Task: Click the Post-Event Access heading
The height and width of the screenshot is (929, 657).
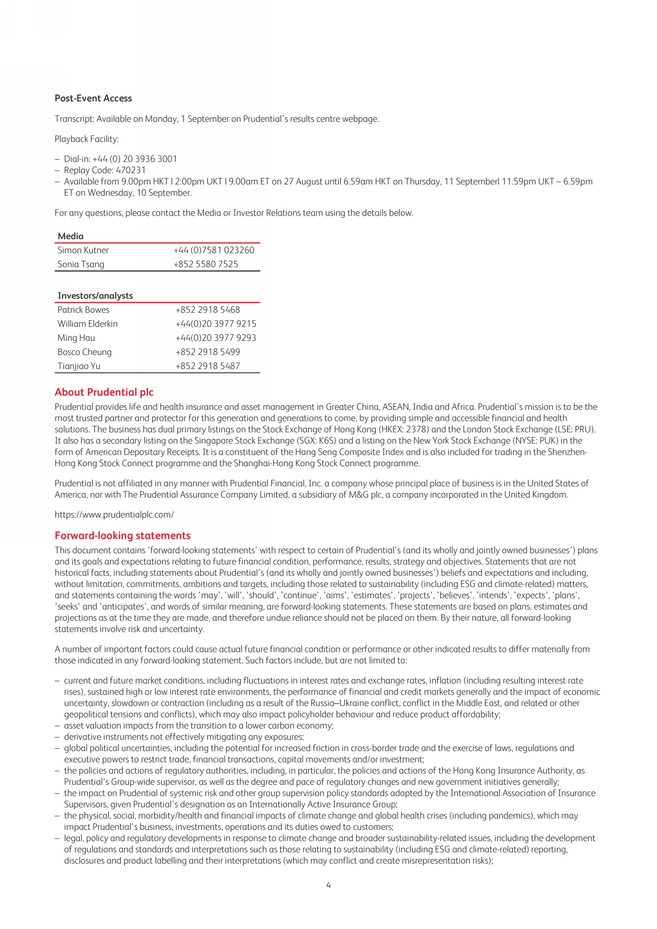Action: click(93, 99)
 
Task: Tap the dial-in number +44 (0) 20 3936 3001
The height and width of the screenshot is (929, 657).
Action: click(134, 159)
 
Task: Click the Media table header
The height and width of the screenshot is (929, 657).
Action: click(71, 236)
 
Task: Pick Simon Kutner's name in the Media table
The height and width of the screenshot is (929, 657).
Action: click(83, 250)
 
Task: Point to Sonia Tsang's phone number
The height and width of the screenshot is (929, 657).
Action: click(206, 264)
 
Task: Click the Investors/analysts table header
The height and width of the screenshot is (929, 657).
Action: click(95, 296)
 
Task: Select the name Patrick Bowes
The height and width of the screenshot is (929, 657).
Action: click(83, 310)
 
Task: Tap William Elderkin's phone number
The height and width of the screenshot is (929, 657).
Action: click(216, 324)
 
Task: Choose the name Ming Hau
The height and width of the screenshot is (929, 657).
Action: click(76, 338)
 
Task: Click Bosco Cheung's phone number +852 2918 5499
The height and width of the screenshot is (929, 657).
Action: click(208, 352)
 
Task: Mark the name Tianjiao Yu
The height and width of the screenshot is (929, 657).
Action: click(79, 366)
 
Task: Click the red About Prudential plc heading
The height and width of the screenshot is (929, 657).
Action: click(104, 392)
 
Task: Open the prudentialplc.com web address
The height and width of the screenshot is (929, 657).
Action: click(114, 515)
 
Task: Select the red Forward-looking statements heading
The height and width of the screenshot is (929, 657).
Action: click(123, 535)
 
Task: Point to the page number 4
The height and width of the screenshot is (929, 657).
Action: click(329, 885)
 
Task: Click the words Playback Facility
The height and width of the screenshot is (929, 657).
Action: click(86, 139)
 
